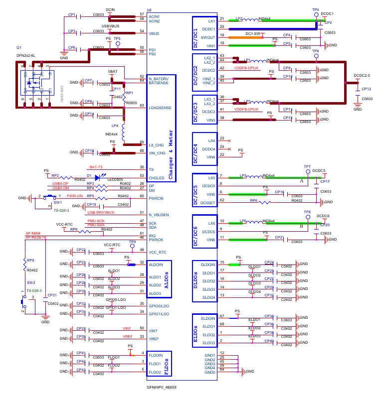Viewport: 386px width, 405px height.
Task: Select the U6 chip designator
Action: [x=149, y=10]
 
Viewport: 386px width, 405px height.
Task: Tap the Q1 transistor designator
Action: [x=19, y=48]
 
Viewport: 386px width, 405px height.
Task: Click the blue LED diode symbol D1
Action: [x=97, y=175]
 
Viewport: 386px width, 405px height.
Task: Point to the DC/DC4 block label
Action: [x=196, y=148]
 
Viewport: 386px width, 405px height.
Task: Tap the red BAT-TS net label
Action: [x=96, y=167]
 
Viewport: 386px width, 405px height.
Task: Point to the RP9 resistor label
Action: [x=30, y=260]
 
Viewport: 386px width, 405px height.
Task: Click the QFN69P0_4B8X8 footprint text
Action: [x=162, y=387]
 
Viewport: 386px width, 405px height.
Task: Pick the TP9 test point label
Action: [x=132, y=242]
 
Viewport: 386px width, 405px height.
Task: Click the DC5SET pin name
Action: [x=208, y=202]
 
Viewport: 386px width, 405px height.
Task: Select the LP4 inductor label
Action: [x=115, y=126]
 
